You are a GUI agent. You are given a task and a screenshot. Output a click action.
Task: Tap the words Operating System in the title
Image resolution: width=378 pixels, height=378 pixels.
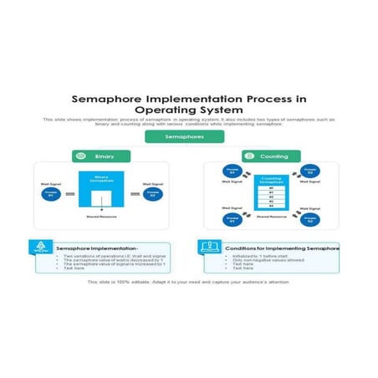188,110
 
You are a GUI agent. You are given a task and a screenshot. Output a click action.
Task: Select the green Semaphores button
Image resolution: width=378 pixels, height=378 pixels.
184,135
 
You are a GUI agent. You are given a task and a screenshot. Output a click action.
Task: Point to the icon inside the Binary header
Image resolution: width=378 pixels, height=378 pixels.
79,156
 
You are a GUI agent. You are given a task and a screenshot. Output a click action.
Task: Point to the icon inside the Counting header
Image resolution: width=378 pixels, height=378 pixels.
249,156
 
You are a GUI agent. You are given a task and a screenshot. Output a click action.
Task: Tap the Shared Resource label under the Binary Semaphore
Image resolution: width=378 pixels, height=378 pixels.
101,217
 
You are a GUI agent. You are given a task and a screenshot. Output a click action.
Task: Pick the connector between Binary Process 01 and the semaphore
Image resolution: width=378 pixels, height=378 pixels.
69,193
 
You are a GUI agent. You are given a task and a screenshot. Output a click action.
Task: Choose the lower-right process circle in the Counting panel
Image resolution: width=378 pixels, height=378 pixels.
310,219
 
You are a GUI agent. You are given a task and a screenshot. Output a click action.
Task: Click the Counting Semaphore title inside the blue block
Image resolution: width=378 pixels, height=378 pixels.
271,180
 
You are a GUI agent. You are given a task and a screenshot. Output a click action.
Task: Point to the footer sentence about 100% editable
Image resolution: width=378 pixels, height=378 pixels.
187,283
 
